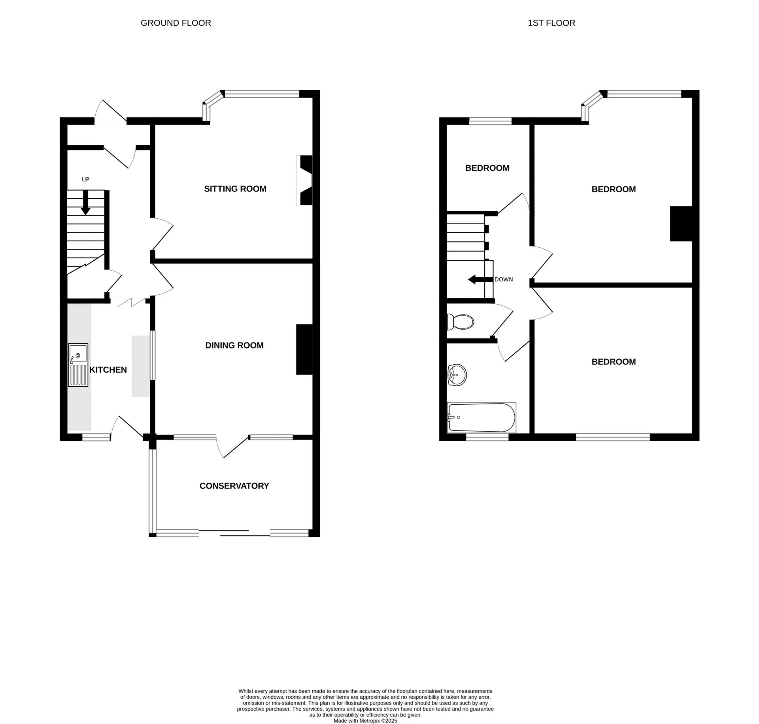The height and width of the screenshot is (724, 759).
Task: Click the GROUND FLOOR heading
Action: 176,23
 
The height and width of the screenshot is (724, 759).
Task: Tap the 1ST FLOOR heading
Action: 551,23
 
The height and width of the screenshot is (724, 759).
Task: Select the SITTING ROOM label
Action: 235,189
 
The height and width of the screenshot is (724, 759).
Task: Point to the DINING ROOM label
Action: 234,345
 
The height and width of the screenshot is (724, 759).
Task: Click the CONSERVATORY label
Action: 234,486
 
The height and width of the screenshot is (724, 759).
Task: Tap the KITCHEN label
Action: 108,370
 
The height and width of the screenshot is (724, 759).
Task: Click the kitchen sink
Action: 78,365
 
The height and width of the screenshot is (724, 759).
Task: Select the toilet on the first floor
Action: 460,322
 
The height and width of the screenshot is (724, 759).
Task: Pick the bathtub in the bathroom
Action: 481,417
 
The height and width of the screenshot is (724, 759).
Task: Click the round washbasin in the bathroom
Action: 457,374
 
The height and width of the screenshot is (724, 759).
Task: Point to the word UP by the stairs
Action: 85,179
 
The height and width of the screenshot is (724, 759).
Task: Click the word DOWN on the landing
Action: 503,279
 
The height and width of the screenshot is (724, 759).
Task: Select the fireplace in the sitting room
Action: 305,180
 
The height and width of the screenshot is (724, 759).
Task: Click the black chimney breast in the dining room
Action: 304,349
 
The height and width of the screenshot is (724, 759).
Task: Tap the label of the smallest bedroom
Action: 487,168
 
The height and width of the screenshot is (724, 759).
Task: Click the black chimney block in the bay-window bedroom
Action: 681,224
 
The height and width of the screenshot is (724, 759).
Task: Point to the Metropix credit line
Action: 365,721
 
